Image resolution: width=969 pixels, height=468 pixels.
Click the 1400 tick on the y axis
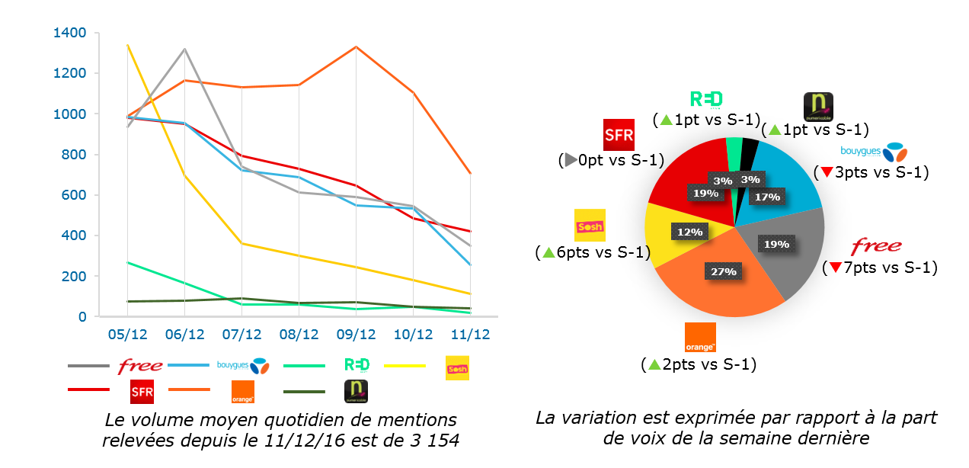pyautogui.click(x=70, y=33)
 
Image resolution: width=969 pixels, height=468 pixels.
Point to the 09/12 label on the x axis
pyautogui.click(x=357, y=335)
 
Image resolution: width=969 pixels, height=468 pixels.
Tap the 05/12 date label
pyautogui.click(x=127, y=335)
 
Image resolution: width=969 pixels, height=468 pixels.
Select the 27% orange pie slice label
pyautogui.click(x=723, y=271)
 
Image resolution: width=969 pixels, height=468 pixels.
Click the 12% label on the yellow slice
pyautogui.click(x=685, y=230)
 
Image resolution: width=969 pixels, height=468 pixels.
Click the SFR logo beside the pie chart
pyautogui.click(x=618, y=136)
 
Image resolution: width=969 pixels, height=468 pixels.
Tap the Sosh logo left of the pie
pyautogui.click(x=590, y=225)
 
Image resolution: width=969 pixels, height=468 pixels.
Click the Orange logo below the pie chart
pyautogui.click(x=700, y=338)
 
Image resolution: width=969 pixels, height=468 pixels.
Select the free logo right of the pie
pyautogui.click(x=876, y=246)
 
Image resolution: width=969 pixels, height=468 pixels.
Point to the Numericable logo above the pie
pyautogui.click(x=818, y=107)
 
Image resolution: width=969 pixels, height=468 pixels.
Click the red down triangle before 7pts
pyautogui.click(x=836, y=268)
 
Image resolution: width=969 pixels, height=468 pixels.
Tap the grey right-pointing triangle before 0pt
pyautogui.click(x=569, y=161)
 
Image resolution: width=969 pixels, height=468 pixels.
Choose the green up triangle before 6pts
pyautogui.click(x=547, y=252)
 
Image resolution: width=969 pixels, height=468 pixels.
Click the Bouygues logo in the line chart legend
pyautogui.click(x=243, y=366)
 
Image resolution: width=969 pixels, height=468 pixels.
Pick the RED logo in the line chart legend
pyautogui.click(x=357, y=366)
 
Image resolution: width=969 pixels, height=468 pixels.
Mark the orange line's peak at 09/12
pyautogui.click(x=357, y=47)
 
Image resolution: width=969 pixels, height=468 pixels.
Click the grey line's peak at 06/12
pyautogui.click(x=185, y=50)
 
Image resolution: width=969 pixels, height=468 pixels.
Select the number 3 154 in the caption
pyautogui.click(x=433, y=441)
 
